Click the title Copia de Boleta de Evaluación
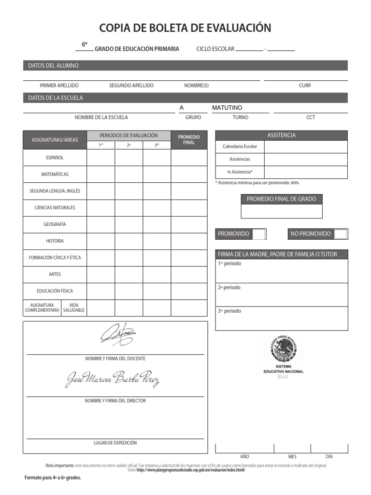185,28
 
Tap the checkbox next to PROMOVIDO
259,234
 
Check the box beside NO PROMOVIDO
341,234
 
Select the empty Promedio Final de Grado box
281,211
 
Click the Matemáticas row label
55,174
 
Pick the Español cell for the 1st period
100,158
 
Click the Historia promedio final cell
189,241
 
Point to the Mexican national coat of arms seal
284,349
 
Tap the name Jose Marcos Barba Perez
112,379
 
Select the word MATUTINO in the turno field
227,107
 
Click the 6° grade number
85,44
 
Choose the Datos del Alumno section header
53,65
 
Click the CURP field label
305,86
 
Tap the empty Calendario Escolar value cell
305,146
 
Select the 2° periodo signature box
281,294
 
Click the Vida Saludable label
74,307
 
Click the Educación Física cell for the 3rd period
157,291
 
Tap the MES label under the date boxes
292,456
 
